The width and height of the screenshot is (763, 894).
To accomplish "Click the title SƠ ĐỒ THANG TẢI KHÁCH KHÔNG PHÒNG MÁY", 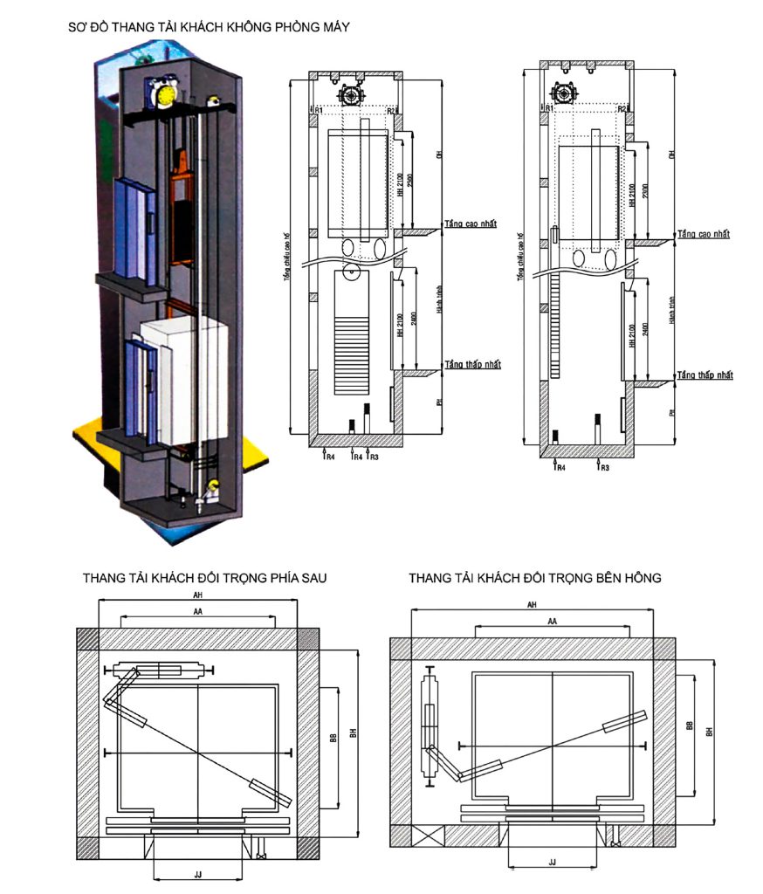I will pos(209,27).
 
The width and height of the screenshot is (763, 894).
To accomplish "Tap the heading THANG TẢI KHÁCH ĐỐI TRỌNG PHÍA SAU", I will pos(205,578).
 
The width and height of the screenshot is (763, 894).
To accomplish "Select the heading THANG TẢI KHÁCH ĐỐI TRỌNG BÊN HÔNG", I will pos(534,578).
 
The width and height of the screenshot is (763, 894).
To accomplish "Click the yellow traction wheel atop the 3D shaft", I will pos(165,90).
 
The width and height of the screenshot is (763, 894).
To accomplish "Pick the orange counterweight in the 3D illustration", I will pos(182,210).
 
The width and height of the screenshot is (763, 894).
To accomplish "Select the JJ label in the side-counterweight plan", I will pos(552,862).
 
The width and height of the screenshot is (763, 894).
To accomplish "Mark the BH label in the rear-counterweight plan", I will pos(353,735).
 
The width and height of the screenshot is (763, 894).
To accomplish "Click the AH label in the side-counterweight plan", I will pos(533,604).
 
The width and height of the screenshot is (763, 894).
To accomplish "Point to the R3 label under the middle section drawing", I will pos(374,456).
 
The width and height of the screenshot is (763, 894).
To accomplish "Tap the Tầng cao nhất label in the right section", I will pos(704,234).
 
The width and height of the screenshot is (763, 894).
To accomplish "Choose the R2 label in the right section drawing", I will pos(622,109).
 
